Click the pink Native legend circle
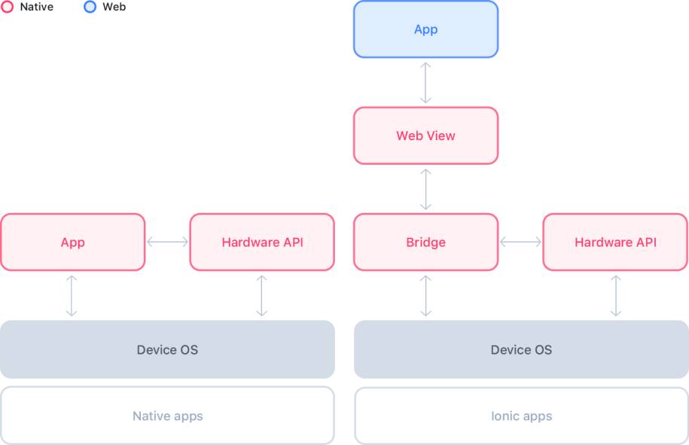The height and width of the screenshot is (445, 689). point(7,7)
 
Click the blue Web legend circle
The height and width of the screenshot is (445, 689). point(90,7)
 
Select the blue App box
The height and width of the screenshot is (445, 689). point(425,29)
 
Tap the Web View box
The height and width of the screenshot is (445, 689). point(425,136)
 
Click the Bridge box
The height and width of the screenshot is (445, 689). point(425,242)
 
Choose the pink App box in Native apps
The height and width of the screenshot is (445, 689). point(72,242)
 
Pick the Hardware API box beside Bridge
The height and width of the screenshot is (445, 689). point(615,242)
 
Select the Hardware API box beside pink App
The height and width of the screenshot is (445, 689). point(262,242)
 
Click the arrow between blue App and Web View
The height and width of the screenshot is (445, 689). point(425,83)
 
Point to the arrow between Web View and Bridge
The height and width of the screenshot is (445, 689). point(425,189)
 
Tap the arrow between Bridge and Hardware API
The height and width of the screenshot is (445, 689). point(521,242)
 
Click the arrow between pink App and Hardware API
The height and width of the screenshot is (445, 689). point(167,242)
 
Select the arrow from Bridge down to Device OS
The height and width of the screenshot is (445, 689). point(425,296)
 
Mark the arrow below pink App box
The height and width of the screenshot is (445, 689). point(72,296)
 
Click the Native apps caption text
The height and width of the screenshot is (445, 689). point(168,416)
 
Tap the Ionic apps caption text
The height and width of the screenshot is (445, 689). point(522,416)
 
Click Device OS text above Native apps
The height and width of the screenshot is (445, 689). point(167,349)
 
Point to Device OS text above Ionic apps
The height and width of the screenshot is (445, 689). point(521,349)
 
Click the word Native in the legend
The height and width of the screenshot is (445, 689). point(37,7)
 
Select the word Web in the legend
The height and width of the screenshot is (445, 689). point(114,7)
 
